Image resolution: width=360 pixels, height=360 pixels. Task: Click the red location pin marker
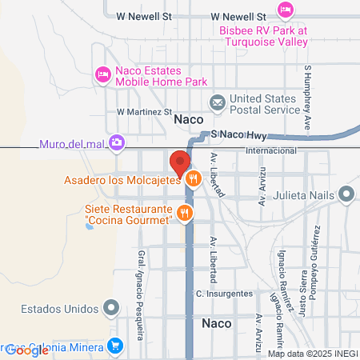click(x=178, y=162)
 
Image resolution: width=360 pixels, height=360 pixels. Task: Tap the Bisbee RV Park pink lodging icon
click(x=284, y=9)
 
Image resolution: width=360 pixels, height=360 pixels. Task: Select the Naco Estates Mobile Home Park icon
click(x=102, y=75)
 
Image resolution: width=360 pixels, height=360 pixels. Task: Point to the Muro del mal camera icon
click(x=117, y=142)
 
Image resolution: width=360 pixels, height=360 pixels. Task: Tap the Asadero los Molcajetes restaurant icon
click(x=192, y=179)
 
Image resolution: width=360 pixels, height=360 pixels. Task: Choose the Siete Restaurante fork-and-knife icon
click(x=185, y=212)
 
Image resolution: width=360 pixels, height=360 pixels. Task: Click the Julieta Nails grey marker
click(x=346, y=193)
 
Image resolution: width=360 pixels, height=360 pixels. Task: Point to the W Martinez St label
click(x=145, y=112)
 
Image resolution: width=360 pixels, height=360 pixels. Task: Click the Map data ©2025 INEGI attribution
click(x=310, y=354)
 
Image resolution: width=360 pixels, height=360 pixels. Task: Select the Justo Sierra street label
click(x=304, y=290)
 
